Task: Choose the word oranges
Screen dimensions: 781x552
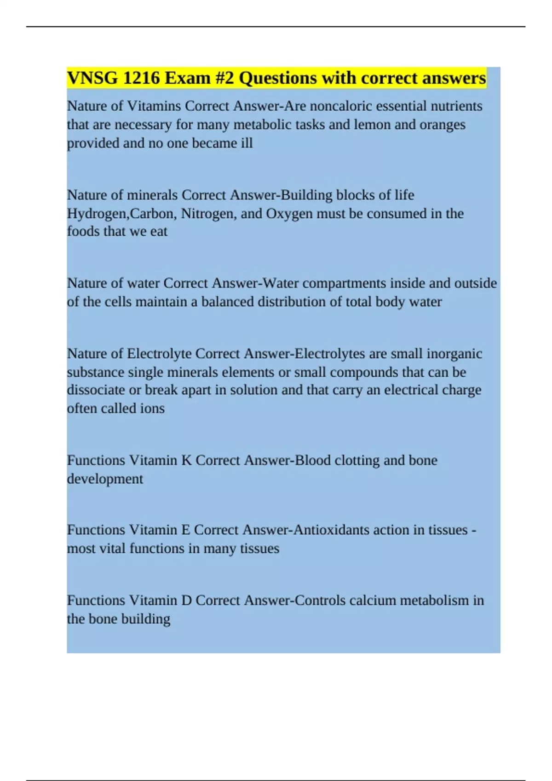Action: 442,125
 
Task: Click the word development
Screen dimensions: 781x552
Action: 105,479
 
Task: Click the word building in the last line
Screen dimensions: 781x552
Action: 143,619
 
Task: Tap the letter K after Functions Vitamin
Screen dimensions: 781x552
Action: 186,460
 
